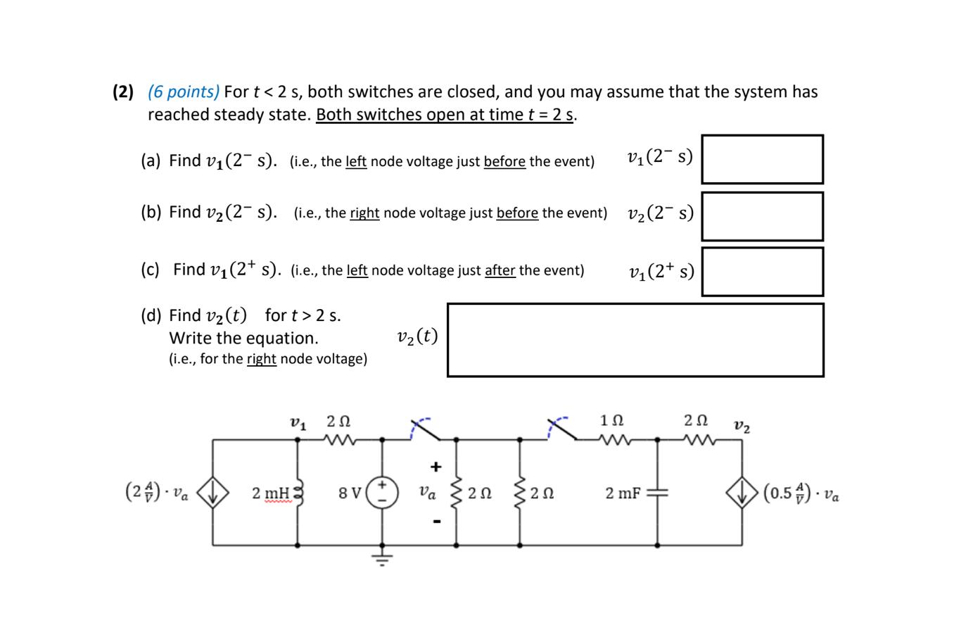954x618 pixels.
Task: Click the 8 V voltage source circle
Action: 382,492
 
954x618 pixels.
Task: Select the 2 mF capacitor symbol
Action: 657,493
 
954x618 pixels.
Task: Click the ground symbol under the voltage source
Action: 382,560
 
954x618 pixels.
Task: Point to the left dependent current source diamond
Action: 212,493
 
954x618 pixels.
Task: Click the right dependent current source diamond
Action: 742,493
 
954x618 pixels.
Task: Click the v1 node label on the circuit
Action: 298,424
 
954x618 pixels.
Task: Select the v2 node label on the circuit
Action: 742,426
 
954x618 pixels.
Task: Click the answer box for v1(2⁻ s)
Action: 762,159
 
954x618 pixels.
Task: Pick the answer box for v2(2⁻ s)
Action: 762,216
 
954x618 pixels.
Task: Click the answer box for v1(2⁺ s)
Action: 762,272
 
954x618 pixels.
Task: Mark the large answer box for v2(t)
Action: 635,340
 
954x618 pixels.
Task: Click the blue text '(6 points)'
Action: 184,92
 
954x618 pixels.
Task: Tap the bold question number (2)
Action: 123,92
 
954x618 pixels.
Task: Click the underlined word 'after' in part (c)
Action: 500,270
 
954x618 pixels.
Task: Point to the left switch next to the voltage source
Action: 426,429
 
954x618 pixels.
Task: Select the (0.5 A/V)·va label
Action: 801,493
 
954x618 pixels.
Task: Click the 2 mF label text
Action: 622,493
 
